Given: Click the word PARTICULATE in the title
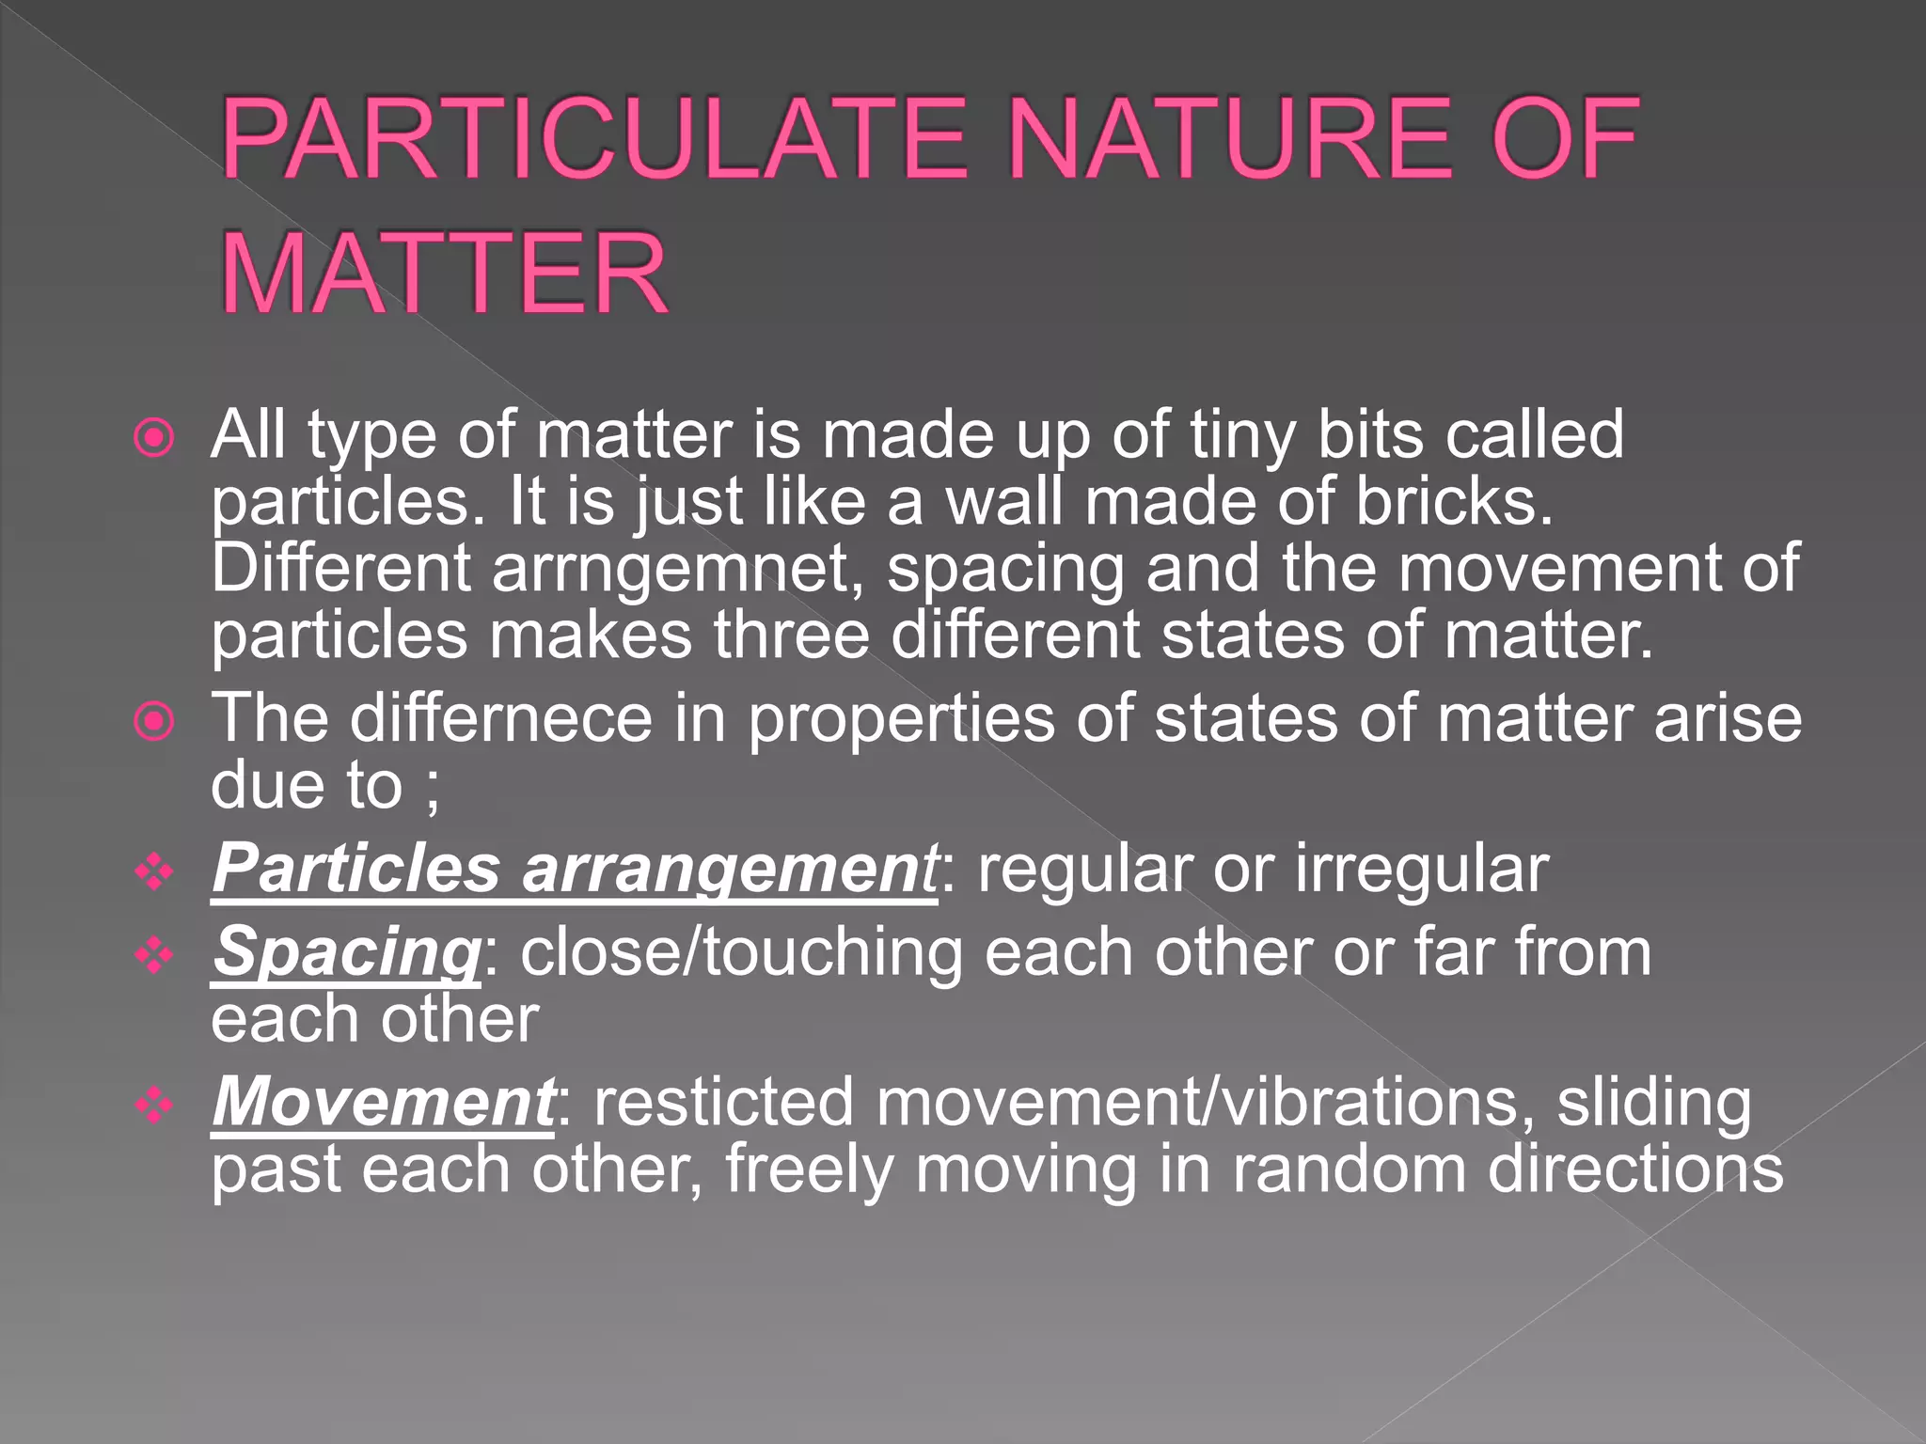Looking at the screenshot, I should (x=594, y=141).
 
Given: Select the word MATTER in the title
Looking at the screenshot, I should (x=444, y=275).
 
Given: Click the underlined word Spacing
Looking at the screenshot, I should (x=346, y=953).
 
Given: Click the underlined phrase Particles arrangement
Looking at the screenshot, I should (x=574, y=870).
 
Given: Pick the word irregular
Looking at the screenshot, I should (x=1422, y=870).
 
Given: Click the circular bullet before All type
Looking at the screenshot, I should (x=154, y=438).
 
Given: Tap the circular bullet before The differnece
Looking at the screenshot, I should (x=154, y=722).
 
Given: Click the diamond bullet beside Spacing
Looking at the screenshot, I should (x=154, y=957).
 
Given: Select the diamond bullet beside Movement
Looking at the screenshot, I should (x=154, y=1106).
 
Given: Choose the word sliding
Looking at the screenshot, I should (x=1653, y=1102).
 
